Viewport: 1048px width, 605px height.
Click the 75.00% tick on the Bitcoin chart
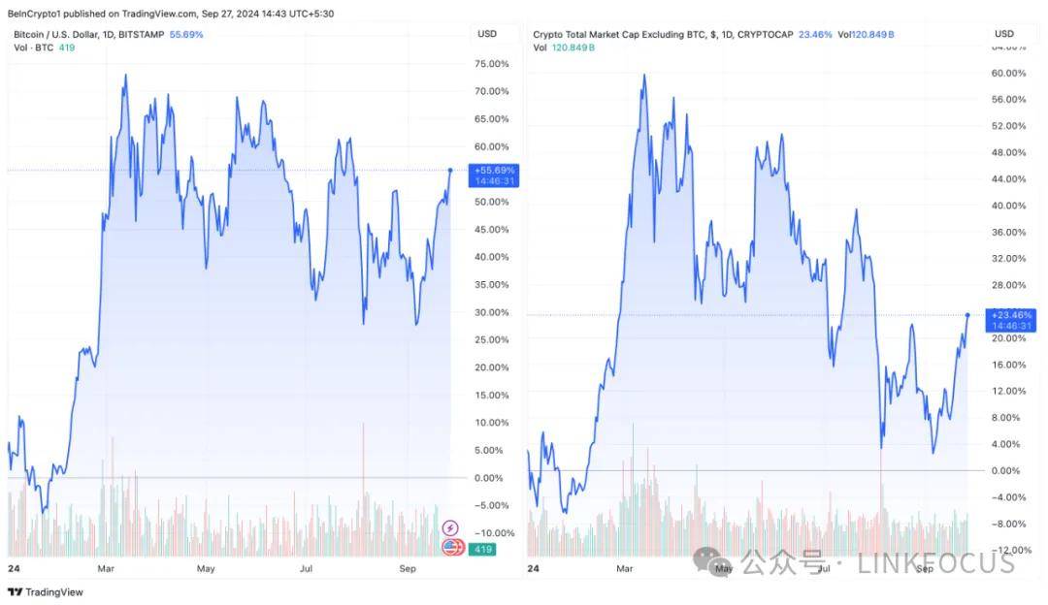(491, 64)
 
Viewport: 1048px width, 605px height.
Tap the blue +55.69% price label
(494, 170)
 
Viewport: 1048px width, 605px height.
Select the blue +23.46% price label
(1010, 314)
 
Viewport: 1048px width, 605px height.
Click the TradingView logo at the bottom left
(46, 591)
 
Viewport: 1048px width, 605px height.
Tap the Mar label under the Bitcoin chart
(107, 568)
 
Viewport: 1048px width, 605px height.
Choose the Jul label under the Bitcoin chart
(305, 568)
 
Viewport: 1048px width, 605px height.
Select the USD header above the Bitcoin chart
(487, 34)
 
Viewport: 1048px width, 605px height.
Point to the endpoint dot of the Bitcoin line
(450, 170)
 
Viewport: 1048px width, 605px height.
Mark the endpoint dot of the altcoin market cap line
(968, 314)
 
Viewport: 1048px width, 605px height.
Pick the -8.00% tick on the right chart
(1009, 524)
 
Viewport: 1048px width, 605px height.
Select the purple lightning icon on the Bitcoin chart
(450, 528)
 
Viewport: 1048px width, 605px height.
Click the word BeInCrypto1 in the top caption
(36, 13)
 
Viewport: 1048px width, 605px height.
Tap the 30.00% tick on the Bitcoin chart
(491, 312)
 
